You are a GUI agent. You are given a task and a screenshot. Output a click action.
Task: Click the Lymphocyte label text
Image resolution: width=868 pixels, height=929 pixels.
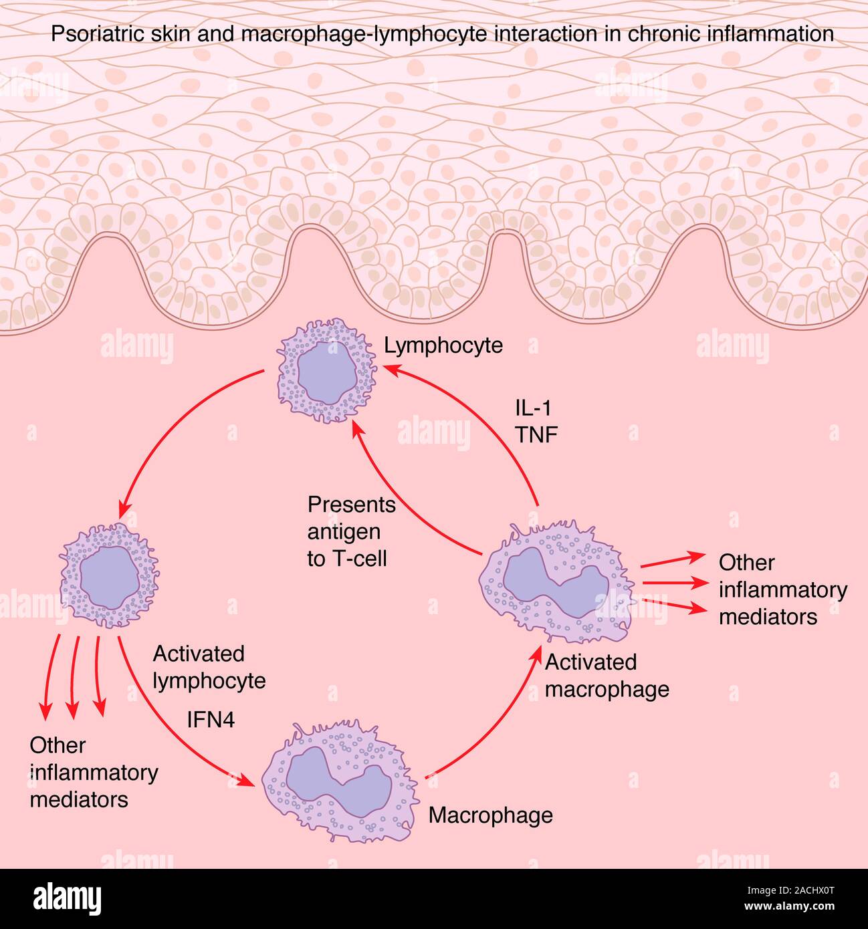pos(443,346)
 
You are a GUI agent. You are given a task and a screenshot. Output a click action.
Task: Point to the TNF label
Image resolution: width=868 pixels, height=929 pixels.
pos(536,434)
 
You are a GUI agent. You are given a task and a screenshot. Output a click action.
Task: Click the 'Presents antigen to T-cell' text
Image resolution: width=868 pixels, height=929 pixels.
pos(350,531)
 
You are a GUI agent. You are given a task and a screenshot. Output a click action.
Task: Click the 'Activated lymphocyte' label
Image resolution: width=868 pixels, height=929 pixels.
pos(209,667)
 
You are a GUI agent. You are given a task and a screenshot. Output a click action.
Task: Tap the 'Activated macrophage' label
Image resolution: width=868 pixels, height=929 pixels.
pos(607,675)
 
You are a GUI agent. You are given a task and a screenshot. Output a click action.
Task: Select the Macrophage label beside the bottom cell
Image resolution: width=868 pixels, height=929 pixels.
pos(490,815)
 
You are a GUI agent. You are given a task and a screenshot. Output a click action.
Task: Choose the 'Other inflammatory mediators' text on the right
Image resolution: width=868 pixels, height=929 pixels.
pos(782,589)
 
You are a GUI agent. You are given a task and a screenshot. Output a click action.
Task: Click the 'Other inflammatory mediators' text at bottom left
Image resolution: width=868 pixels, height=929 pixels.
pos(93,772)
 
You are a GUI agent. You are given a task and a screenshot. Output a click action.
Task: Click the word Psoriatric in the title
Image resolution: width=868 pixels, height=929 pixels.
pos(94,34)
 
